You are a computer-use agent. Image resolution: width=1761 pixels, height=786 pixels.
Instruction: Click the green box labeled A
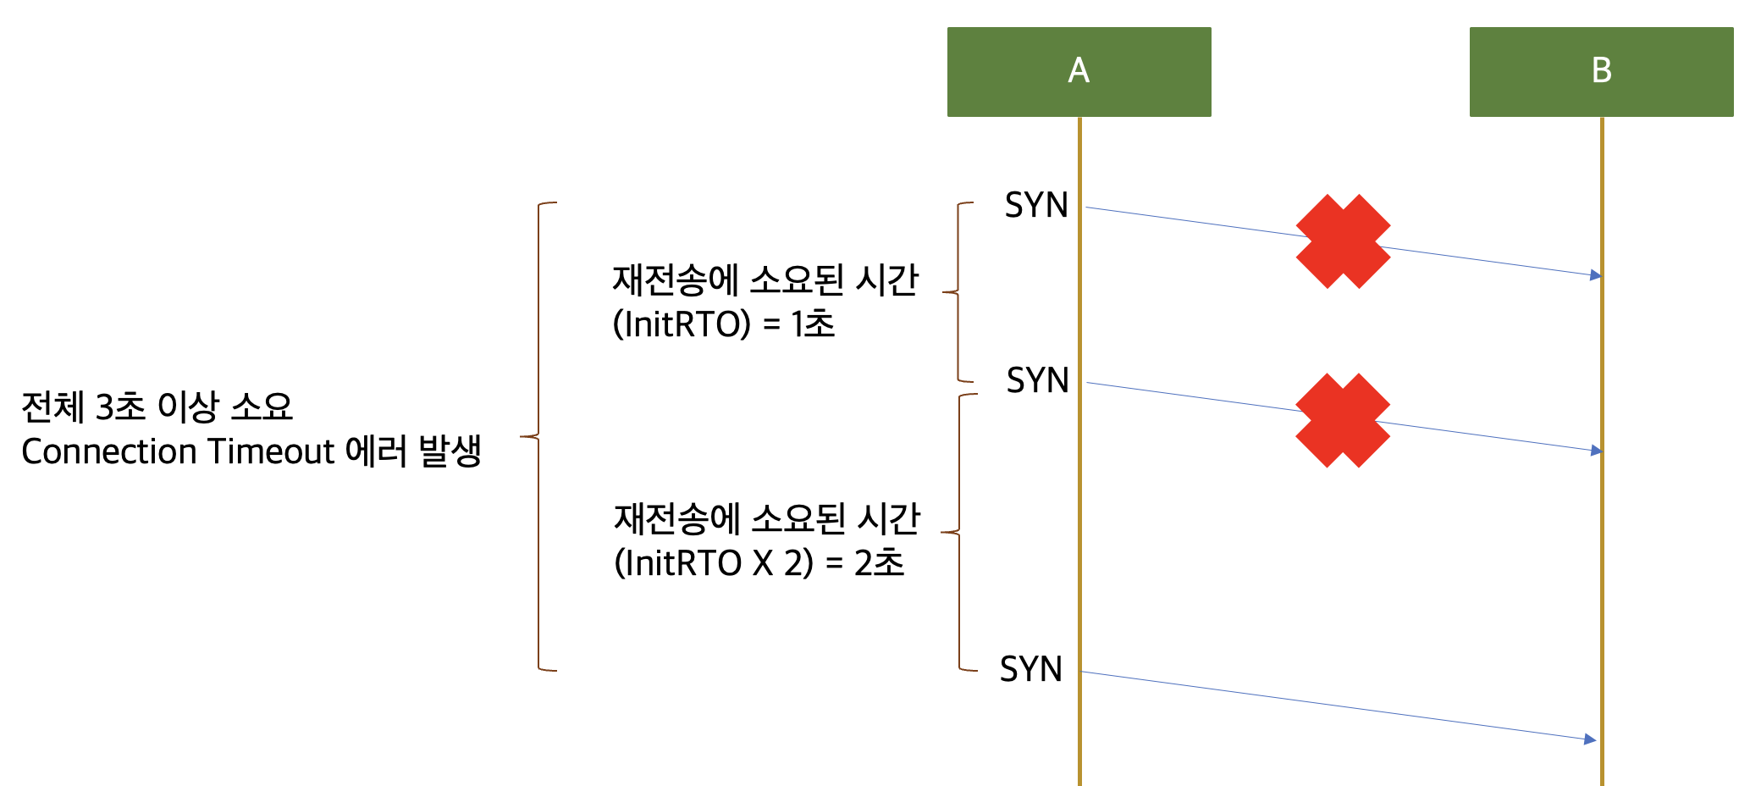pyautogui.click(x=1079, y=71)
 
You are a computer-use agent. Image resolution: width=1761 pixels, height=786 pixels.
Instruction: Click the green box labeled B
pyautogui.click(x=1601, y=71)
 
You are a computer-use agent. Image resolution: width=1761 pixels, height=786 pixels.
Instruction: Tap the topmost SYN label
pyautogui.click(x=1036, y=205)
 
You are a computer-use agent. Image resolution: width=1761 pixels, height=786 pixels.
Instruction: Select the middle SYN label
pyautogui.click(x=1037, y=380)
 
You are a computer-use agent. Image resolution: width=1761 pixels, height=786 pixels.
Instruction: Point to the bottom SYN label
pyautogui.click(x=1031, y=669)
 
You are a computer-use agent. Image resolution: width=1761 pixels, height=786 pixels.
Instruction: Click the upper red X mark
pyautogui.click(x=1343, y=241)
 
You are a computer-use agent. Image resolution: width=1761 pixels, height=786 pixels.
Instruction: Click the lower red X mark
pyautogui.click(x=1343, y=420)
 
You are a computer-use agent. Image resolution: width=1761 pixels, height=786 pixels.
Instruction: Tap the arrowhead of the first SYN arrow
pyautogui.click(x=1596, y=275)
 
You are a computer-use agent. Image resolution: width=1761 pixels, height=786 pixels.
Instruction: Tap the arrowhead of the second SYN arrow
pyautogui.click(x=1596, y=451)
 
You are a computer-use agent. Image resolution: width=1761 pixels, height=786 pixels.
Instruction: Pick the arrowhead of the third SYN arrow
pyautogui.click(x=1590, y=739)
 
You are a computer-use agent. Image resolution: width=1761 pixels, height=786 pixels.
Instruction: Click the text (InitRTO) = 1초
pyautogui.click(x=724, y=324)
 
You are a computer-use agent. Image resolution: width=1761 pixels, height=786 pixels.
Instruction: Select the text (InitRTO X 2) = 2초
pyautogui.click(x=759, y=563)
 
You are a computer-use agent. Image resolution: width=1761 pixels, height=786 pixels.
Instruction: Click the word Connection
pyautogui.click(x=109, y=451)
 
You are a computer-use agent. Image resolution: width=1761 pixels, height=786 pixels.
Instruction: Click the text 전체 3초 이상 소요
pyautogui.click(x=157, y=407)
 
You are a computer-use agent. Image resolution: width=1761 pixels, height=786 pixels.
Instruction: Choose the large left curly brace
pyautogui.click(x=539, y=437)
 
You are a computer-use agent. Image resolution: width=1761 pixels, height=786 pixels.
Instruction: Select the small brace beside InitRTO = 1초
pyautogui.click(x=958, y=292)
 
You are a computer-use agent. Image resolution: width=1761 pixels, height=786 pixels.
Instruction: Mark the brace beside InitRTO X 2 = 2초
pyautogui.click(x=959, y=532)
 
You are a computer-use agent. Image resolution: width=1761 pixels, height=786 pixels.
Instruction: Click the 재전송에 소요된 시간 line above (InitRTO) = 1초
pyautogui.click(x=765, y=280)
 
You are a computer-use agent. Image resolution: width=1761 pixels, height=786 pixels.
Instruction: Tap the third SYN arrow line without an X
pyautogui.click(x=1338, y=706)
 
